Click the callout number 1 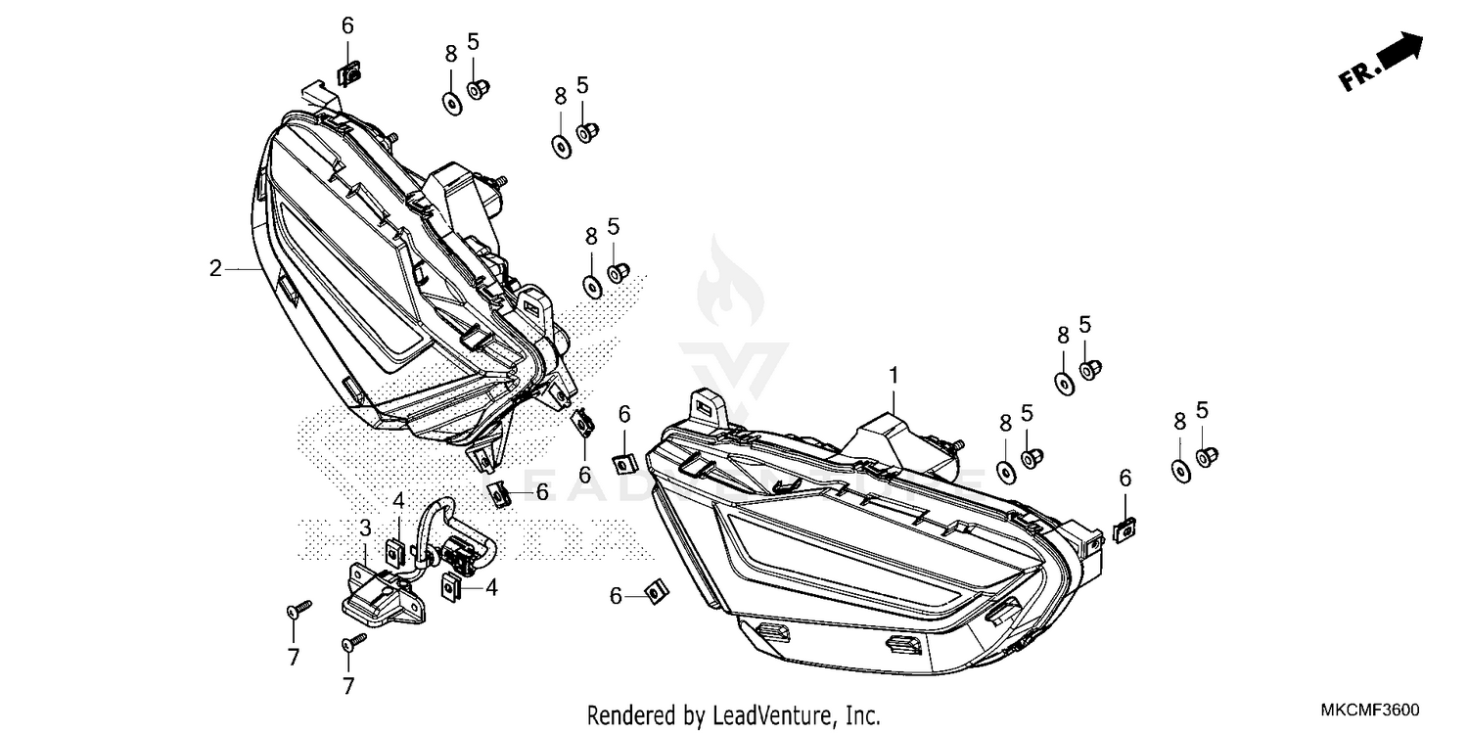pyautogui.click(x=893, y=375)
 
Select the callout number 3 pyautogui.click(x=365, y=528)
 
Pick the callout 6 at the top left pyautogui.click(x=347, y=25)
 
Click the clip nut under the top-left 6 pyautogui.click(x=347, y=71)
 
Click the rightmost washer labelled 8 pyautogui.click(x=1180, y=470)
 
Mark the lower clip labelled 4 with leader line pyautogui.click(x=453, y=588)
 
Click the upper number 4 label pyautogui.click(x=398, y=501)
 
